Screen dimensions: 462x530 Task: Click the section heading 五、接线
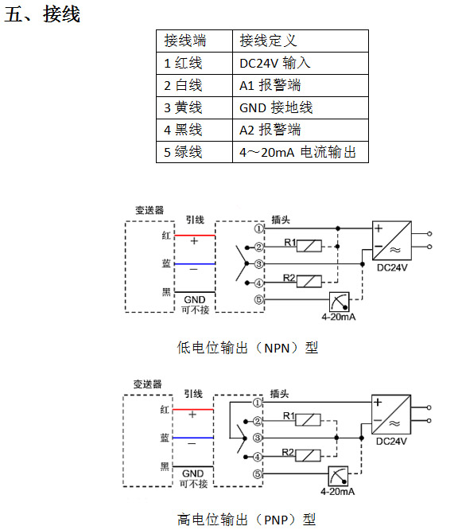[x=42, y=14]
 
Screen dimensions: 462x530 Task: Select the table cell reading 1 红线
[x=194, y=63]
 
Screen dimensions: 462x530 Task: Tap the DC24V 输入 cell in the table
[x=301, y=63]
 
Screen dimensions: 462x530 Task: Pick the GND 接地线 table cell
[x=301, y=107]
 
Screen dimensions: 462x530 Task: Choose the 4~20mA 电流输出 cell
[x=301, y=152]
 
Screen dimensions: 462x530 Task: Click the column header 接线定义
[x=301, y=41]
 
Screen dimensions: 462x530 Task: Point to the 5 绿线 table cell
[x=194, y=152]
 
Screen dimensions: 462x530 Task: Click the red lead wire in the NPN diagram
[x=195, y=236]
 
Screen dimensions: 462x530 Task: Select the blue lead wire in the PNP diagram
[x=193, y=438]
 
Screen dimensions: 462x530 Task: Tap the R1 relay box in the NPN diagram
[x=309, y=246]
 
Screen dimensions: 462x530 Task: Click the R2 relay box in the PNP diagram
[x=308, y=456]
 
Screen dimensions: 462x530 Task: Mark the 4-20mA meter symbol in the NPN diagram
[x=340, y=302]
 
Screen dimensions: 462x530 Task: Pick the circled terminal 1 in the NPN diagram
[x=258, y=229]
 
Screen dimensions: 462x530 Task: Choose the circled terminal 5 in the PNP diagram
[x=258, y=474]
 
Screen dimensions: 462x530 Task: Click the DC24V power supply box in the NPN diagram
[x=392, y=240]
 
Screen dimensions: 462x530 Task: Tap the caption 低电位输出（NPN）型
[x=247, y=348]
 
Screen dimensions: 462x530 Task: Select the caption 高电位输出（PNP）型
[x=247, y=520]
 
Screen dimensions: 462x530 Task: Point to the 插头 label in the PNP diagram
[x=279, y=394]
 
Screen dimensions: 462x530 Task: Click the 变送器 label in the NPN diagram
[x=149, y=210]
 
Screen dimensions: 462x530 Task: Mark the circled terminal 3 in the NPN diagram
[x=258, y=264]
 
